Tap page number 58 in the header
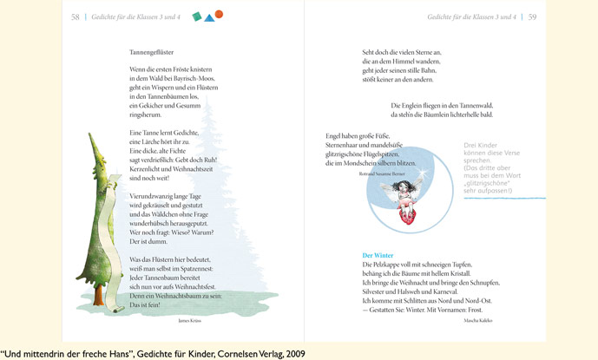(x=76, y=16)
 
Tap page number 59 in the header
(x=532, y=16)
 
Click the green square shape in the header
(x=197, y=16)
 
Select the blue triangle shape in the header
(x=208, y=16)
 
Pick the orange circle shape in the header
(x=219, y=14)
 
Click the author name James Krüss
(x=189, y=320)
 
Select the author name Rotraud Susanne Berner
(x=381, y=173)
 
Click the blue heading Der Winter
(x=378, y=255)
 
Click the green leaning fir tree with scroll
(x=102, y=226)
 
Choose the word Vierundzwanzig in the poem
(x=149, y=196)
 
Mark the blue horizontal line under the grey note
(x=504, y=199)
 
